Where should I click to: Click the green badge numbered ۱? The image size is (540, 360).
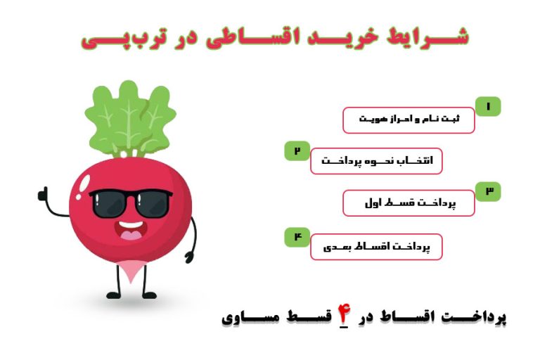point(488,107)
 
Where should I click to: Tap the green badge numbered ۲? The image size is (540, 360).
point(297,150)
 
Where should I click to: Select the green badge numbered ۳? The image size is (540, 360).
point(488,191)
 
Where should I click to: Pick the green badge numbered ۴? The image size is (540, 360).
point(297,237)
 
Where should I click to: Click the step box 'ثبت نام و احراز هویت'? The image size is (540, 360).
point(409,120)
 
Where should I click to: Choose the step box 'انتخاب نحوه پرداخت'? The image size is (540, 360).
point(376,161)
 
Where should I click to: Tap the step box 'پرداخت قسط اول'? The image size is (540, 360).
point(409,203)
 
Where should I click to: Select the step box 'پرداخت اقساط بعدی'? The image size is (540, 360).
point(376,247)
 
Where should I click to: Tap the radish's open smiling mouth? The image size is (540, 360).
point(131,231)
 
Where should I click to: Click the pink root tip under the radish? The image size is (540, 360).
point(129,269)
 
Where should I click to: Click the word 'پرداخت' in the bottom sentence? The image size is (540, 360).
point(478,318)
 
